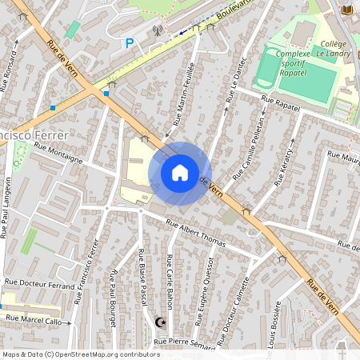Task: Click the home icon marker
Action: click(180, 173)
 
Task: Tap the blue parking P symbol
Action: click(130, 44)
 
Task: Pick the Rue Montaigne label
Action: click(58, 153)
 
